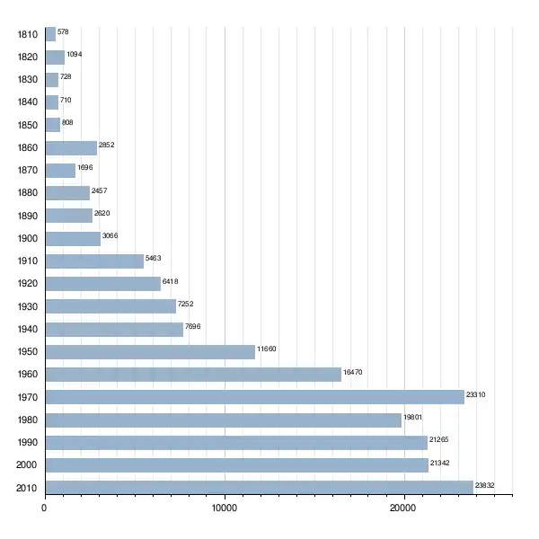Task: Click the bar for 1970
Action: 255,397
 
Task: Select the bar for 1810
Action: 50,34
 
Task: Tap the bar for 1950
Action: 150,352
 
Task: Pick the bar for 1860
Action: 71,148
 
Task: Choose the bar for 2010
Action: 260,488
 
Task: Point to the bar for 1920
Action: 103,284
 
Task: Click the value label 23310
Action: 476,394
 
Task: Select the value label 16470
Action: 353,372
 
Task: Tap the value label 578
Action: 63,31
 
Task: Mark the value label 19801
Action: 413,417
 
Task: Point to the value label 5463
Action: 153,258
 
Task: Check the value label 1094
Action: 75,54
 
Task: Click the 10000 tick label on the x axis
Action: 225,508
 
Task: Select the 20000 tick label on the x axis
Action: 402,508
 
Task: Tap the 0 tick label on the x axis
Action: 44,508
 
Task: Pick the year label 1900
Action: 28,238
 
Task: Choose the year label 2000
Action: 26,464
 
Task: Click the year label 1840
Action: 28,102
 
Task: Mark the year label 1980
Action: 28,420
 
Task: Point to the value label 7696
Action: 193,326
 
